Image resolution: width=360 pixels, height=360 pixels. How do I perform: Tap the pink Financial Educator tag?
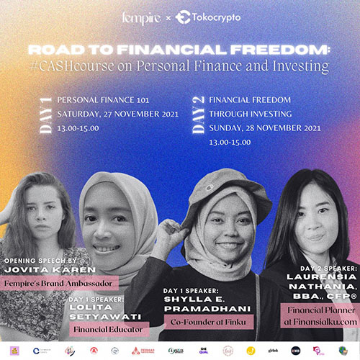[x=108, y=329]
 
